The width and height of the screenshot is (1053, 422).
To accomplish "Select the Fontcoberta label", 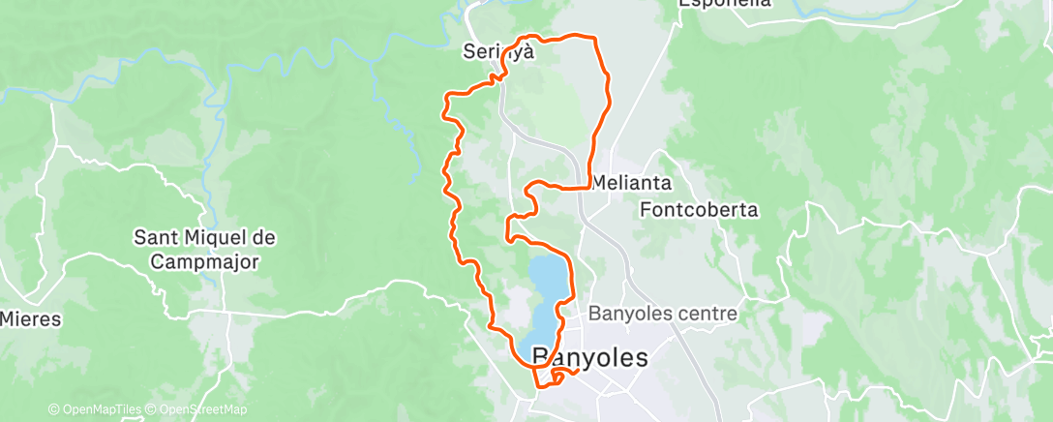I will (x=700, y=208).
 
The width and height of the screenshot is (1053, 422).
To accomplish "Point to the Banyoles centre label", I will (x=663, y=314).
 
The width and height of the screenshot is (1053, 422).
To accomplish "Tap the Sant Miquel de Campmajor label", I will (x=204, y=249).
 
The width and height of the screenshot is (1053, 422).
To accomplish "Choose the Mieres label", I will (x=30, y=318).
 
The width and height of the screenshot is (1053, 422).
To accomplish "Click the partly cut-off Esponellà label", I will (x=725, y=4).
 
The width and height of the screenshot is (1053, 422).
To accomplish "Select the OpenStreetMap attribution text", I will (x=197, y=410).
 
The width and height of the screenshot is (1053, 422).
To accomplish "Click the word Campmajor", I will (x=204, y=260).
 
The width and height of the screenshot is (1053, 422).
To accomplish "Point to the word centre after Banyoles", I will (x=710, y=314).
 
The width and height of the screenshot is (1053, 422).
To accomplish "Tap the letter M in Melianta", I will (x=599, y=181).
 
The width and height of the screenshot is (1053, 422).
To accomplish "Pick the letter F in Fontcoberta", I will (x=646, y=208).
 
